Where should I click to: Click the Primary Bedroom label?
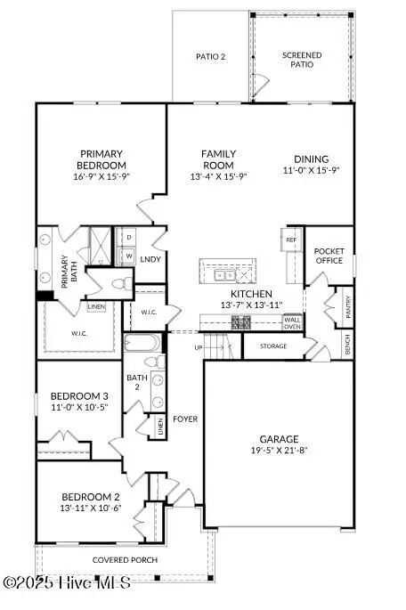(x=102, y=159)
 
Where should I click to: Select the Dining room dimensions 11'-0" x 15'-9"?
(x=311, y=170)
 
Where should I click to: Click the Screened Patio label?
(x=302, y=61)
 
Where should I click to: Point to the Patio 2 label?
(x=210, y=57)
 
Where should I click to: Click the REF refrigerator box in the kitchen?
(x=291, y=240)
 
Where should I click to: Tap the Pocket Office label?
(x=329, y=256)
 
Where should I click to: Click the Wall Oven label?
(x=292, y=323)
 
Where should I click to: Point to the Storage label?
(x=273, y=346)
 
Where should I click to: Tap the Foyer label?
(x=185, y=419)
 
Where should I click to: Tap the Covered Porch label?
(x=126, y=560)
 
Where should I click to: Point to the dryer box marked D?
(x=129, y=238)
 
